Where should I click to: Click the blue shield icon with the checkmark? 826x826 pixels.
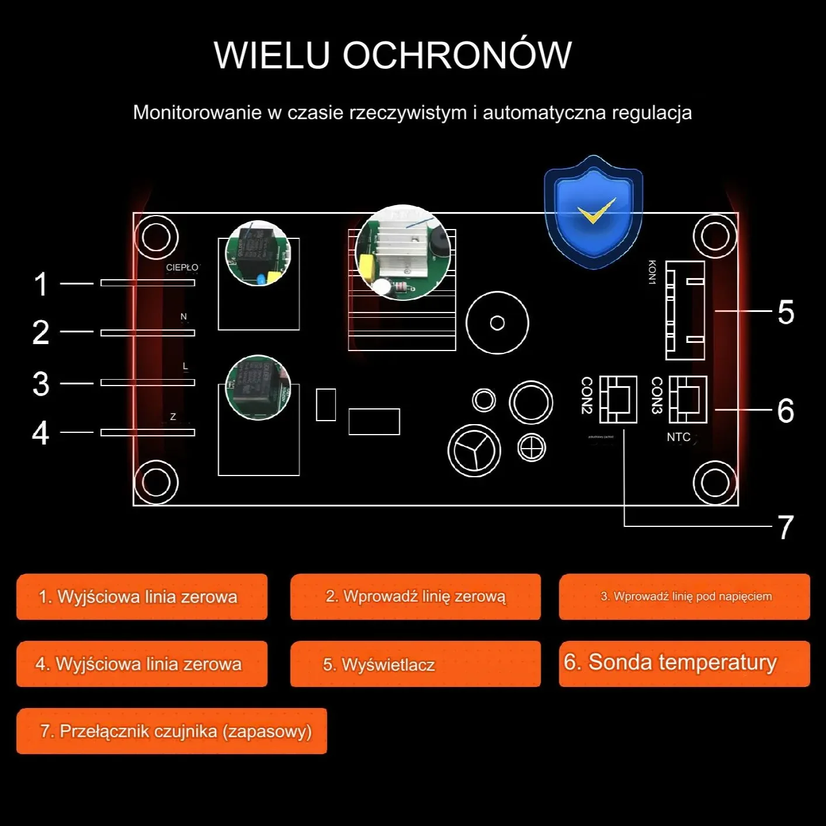593,213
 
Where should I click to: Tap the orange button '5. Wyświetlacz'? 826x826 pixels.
415,664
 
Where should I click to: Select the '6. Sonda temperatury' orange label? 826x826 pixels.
684,663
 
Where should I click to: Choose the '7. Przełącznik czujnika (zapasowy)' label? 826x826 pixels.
172,731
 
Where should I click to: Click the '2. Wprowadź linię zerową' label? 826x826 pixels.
415,596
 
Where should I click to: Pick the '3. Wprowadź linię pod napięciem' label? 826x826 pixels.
684,596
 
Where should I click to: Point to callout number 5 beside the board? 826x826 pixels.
786,312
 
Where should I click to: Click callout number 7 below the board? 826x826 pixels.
786,527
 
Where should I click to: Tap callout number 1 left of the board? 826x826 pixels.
40,284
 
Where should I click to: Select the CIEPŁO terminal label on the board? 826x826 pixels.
182,268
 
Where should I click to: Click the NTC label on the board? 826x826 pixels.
678,437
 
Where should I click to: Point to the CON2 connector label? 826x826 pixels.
587,395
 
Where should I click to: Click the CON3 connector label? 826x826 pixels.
657,395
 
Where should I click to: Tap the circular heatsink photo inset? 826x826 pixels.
402,252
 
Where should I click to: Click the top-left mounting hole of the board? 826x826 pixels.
156,237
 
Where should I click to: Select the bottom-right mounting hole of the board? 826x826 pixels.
714,483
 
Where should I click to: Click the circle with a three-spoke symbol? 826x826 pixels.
474,450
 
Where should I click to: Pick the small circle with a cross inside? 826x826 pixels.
532,448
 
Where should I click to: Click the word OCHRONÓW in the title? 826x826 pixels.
456,55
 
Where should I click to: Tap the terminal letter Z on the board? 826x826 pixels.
173,417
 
